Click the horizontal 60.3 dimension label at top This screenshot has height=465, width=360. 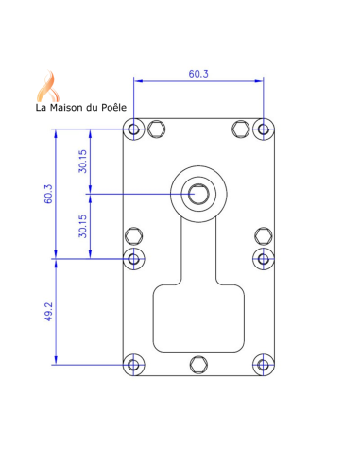tap(198, 74)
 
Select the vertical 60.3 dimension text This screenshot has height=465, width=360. tap(48, 194)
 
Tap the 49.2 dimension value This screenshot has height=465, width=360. tap(48, 312)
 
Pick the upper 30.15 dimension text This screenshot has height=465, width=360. tap(82, 162)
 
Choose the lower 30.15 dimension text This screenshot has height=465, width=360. tap(82, 226)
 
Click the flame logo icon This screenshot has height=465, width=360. tap(48, 86)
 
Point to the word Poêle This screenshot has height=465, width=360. tap(113, 107)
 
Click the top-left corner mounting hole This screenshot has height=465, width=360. tap(134, 129)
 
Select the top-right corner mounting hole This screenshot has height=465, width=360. tap(264, 129)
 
